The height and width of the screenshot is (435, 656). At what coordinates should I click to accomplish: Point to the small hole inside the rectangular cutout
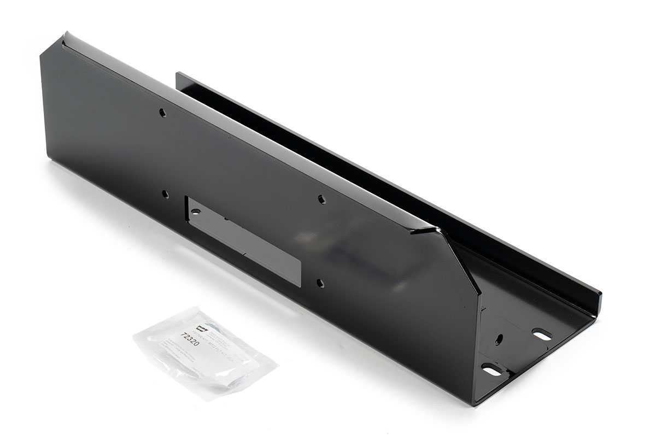tap(196, 211)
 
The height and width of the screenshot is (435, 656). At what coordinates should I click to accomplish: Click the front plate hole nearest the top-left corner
tap(162, 112)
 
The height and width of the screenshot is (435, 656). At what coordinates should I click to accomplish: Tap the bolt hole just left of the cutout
tap(165, 193)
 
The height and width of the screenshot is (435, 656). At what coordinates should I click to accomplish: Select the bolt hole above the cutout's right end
tap(321, 200)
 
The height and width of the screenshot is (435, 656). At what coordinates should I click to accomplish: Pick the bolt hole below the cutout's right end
tap(320, 283)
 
